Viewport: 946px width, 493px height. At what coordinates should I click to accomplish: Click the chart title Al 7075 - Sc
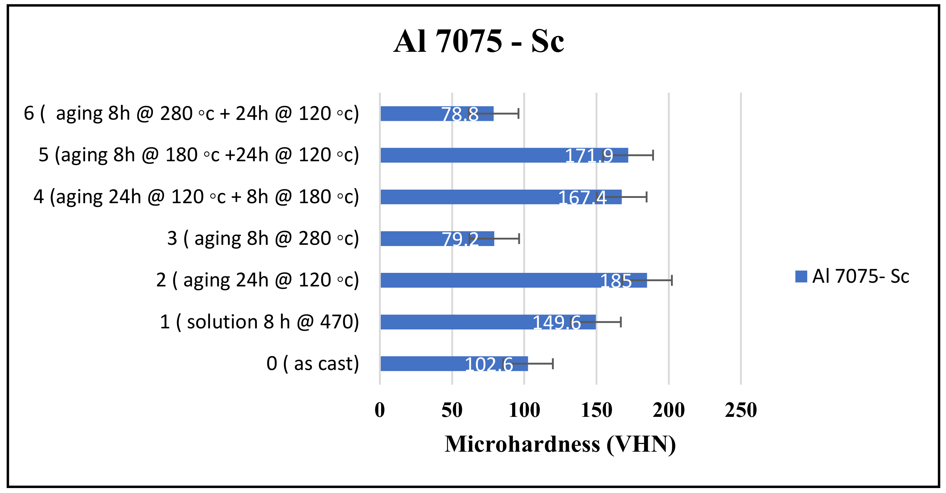coord(479,41)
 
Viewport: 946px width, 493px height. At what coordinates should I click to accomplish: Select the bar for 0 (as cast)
coord(422,364)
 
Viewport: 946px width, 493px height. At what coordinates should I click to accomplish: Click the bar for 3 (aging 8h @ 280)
coord(411,239)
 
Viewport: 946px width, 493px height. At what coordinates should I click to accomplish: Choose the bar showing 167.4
coord(470,197)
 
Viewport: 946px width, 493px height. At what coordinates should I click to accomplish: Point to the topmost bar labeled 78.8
coord(411,113)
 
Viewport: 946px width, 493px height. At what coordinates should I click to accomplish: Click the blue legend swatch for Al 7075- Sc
coord(801,277)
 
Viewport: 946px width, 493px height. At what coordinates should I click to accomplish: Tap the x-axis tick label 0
coord(380,410)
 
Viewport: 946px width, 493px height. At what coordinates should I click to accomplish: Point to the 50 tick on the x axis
coord(452,410)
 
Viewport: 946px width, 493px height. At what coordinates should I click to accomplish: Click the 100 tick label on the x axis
coord(524,410)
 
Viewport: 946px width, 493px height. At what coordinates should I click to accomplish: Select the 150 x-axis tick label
coord(596,410)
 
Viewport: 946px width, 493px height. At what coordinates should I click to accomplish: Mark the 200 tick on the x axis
coord(669,410)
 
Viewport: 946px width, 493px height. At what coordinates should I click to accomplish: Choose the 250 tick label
coord(741,410)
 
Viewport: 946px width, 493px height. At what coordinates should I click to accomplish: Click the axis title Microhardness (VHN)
coord(560,444)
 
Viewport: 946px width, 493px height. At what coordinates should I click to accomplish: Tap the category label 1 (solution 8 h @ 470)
coord(259,322)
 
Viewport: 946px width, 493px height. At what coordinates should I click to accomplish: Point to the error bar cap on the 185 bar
coord(672,280)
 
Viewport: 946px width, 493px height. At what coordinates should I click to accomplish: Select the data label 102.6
coord(489,364)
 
